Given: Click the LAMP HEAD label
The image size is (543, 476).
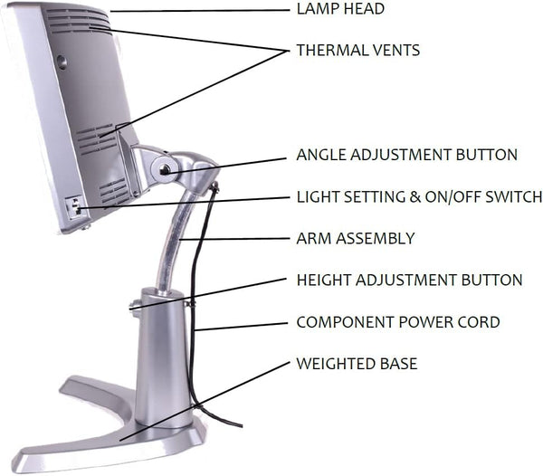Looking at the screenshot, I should pos(340,9).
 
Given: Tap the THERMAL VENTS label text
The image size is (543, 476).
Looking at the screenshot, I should pos(358,51).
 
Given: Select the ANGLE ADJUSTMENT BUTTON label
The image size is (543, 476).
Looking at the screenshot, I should pos(407,155).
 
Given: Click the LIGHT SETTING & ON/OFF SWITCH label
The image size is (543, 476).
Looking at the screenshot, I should pos(419,196).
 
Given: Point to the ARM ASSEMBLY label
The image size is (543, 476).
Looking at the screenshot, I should pos(356,238).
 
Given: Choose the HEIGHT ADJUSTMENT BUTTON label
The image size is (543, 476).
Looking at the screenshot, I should pos(409,280).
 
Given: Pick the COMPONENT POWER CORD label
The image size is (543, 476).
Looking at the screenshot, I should pos(398,321).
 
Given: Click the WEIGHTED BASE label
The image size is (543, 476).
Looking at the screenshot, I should pos(357,364).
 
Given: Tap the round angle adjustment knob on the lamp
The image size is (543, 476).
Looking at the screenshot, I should pos(165,167).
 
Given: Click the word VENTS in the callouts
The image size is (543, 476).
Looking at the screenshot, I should pos(396,51).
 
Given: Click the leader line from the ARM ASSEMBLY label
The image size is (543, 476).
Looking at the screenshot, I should pos(235,239).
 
